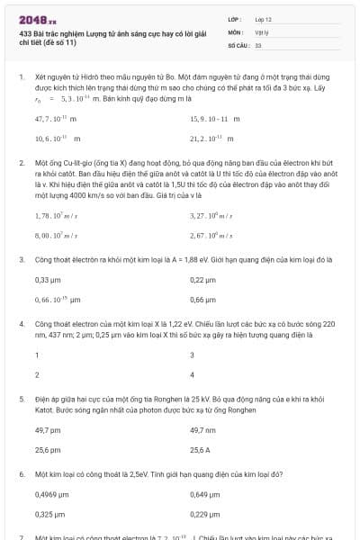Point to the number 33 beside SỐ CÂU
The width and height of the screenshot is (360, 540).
(258, 44)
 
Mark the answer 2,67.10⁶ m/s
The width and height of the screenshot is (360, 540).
(211, 236)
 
